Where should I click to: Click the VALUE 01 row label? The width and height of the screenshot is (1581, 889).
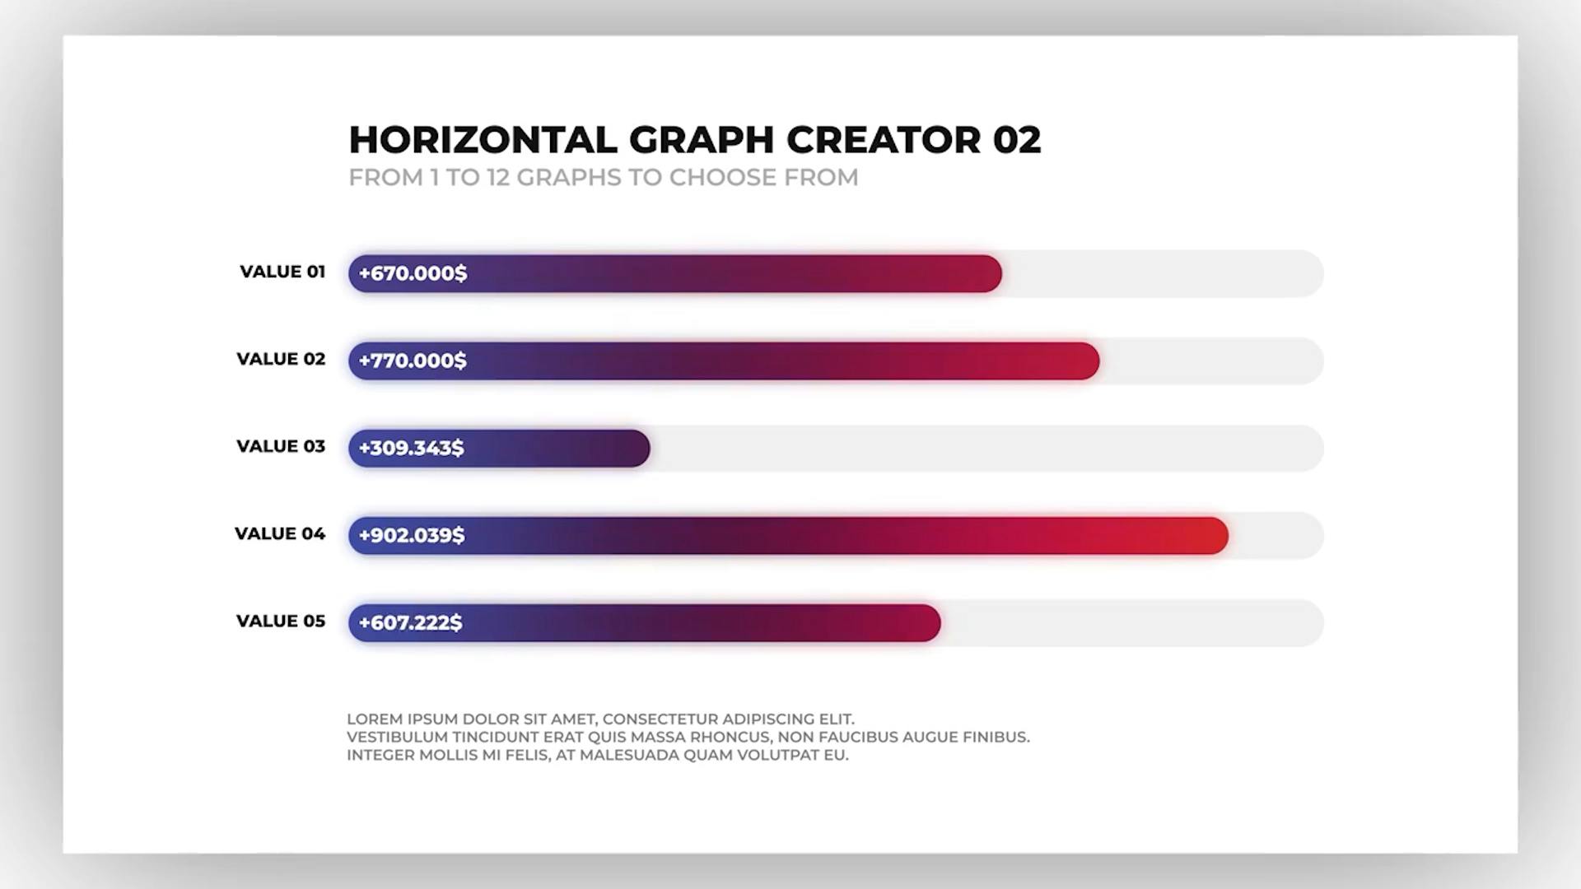click(x=282, y=272)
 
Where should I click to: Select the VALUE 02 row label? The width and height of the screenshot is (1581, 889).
click(x=281, y=359)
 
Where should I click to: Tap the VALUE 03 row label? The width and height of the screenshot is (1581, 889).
click(x=281, y=446)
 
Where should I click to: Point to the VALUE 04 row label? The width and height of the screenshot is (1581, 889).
click(x=280, y=533)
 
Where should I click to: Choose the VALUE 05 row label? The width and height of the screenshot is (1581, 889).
click(x=281, y=621)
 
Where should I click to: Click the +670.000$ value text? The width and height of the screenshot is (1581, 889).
click(x=413, y=273)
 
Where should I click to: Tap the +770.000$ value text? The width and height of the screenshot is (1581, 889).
click(x=413, y=361)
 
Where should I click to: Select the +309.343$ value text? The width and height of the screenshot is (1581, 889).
click(x=411, y=448)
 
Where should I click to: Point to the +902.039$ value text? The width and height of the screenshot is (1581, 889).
click(x=412, y=535)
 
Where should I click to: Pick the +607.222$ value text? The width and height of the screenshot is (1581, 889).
click(x=410, y=622)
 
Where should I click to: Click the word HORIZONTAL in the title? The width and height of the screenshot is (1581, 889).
click(x=483, y=140)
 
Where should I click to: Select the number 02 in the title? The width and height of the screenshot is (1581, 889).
click(x=1017, y=140)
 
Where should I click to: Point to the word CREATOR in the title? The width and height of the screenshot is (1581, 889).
click(x=884, y=140)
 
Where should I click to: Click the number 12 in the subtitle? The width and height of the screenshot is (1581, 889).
click(x=497, y=178)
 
